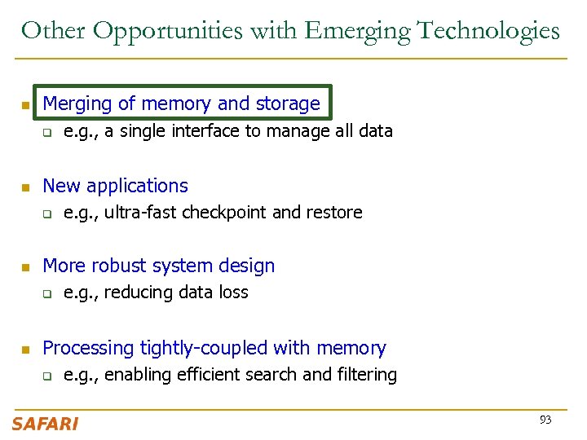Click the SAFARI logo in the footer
pos(45,424)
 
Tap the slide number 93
pos(545,420)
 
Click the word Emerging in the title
pos(356,31)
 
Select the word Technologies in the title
pos(488,31)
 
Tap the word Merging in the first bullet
pos(77,103)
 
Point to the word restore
pos(334,213)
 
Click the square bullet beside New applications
pos(25,187)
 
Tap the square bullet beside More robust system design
pos(25,267)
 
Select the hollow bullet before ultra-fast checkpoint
pos(47,214)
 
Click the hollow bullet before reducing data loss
pos(47,294)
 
